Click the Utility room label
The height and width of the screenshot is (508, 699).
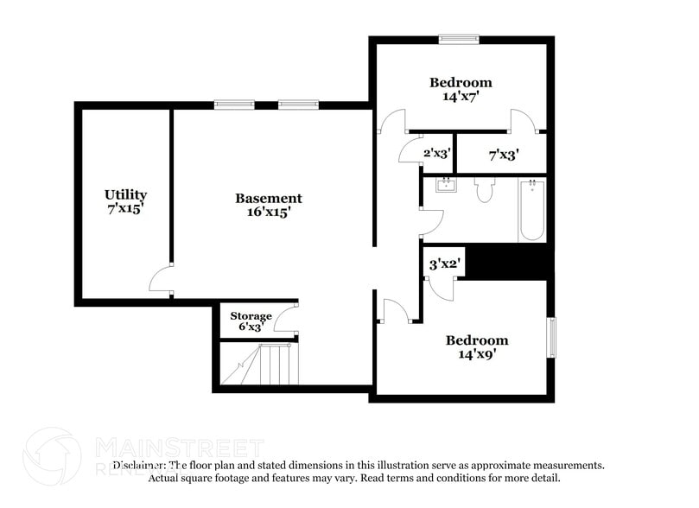click(125, 201)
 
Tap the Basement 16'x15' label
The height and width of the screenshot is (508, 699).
click(269, 205)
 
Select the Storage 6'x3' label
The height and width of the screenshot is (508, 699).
click(251, 321)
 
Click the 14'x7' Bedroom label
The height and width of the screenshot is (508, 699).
click(461, 90)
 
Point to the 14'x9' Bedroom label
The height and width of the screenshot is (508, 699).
click(477, 346)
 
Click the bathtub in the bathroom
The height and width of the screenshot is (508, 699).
click(531, 210)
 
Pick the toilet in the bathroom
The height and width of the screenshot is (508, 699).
click(484, 190)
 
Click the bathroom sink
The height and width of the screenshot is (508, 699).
click(447, 186)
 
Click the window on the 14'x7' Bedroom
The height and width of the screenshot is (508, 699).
click(458, 38)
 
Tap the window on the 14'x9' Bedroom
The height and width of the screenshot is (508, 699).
click(551, 336)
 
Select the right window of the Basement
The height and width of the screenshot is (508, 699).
click(298, 105)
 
